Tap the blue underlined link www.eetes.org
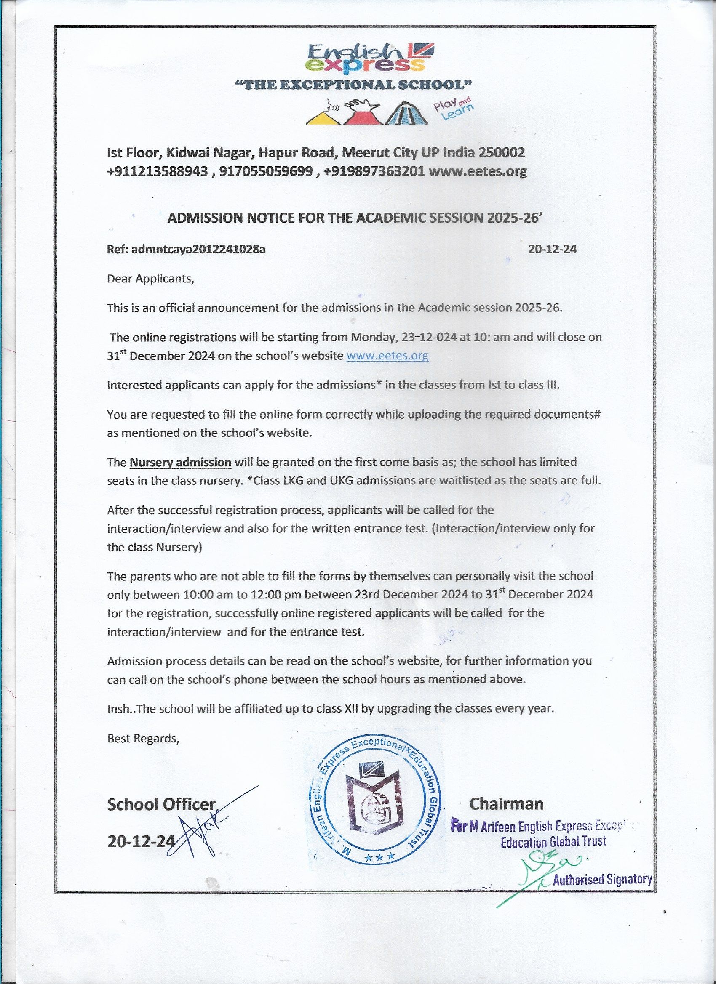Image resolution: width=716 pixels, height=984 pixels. tap(387, 356)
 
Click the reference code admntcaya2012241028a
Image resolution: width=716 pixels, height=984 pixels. tap(198, 250)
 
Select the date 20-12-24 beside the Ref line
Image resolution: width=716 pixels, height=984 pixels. tap(552, 250)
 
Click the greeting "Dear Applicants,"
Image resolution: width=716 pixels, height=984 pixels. tap(150, 279)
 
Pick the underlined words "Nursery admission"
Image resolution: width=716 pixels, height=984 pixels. tap(181, 463)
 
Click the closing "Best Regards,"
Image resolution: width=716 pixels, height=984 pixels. tap(143, 739)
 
